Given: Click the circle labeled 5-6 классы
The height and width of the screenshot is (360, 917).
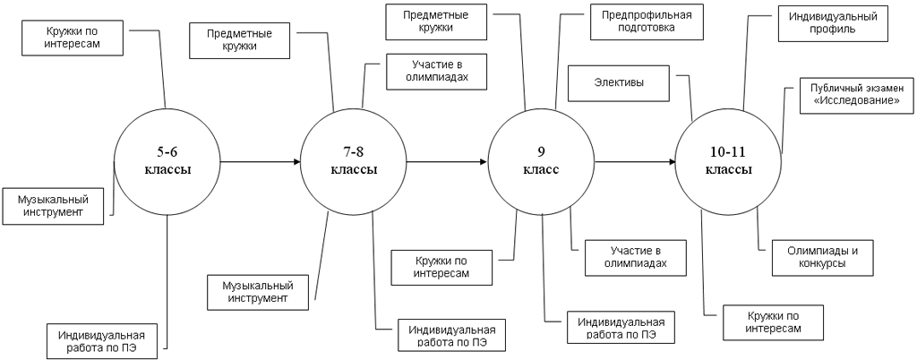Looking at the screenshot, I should coord(167,162).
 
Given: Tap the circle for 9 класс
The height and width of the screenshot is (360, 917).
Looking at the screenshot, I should coord(541,162).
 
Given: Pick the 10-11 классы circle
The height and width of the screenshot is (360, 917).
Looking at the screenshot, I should coord(728,162).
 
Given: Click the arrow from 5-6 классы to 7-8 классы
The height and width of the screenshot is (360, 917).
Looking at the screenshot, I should coord(260,162).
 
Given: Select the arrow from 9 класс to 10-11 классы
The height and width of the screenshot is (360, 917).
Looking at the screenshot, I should coord(635,162).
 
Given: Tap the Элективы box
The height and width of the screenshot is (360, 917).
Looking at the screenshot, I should coord(620,84).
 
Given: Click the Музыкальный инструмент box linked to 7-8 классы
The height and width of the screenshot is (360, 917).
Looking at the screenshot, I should coord(256,290).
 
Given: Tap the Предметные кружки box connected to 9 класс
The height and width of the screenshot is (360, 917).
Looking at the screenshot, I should coord(439,21).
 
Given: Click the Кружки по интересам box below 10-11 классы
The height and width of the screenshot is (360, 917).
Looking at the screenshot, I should coord(774,323).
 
